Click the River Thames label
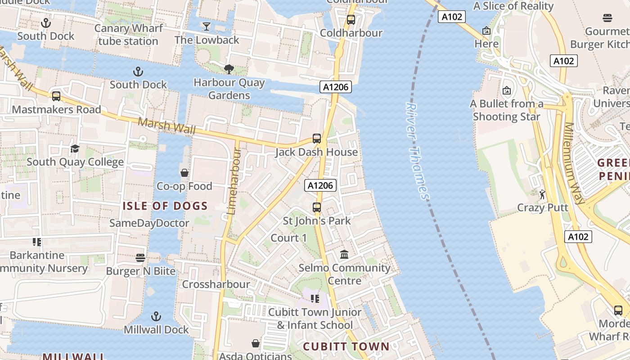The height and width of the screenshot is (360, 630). (418, 151)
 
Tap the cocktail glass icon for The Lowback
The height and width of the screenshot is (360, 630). (207, 27)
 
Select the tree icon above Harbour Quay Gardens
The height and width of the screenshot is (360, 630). (229, 69)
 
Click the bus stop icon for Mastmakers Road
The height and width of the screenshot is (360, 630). (56, 96)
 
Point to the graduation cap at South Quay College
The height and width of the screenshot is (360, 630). (75, 148)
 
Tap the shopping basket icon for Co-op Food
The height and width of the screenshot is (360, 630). (184, 173)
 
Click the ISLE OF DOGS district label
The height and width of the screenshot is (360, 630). (165, 207)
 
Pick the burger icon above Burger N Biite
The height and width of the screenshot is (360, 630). (140, 258)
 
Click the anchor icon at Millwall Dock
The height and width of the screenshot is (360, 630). (156, 316)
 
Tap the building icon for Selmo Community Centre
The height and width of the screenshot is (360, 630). (345, 255)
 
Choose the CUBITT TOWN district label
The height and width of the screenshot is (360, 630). (346, 346)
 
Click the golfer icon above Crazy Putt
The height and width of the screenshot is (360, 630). (542, 194)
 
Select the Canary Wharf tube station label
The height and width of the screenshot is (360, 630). (128, 35)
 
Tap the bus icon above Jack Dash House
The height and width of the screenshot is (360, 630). (317, 139)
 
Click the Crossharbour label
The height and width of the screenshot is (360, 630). (216, 284)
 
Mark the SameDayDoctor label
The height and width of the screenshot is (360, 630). (149, 223)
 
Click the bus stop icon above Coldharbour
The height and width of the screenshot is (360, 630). (351, 20)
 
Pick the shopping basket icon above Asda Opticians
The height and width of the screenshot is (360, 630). (256, 344)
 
